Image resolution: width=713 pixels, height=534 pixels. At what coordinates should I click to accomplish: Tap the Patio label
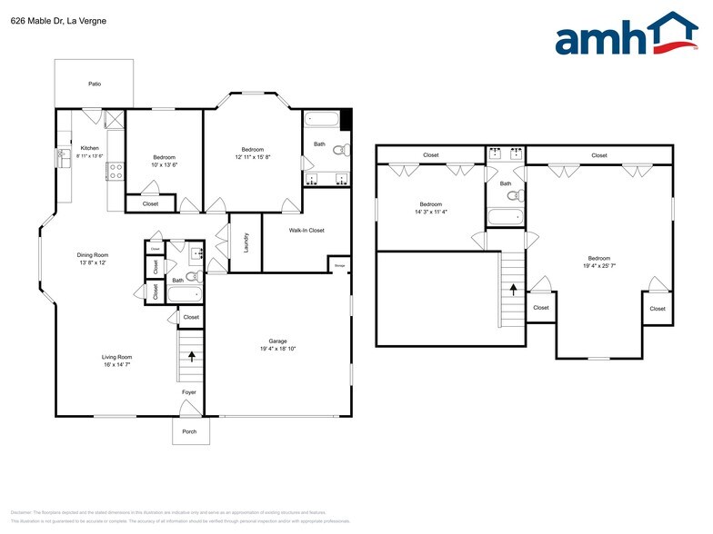point(95,84)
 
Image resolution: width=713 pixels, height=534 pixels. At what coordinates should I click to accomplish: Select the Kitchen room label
point(89,148)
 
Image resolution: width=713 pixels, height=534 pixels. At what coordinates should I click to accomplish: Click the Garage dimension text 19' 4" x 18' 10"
point(276,349)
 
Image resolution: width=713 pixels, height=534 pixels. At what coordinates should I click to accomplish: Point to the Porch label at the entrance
point(189,431)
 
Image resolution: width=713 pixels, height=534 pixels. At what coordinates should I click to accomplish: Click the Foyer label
point(188,392)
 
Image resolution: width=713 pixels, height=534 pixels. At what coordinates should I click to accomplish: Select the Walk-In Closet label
point(306,230)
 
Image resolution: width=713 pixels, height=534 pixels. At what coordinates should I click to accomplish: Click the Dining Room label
point(93,255)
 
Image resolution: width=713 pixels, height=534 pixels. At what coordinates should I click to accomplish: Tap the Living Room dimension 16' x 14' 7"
point(116,364)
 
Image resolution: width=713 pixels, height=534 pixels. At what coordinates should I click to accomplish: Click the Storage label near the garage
point(339,266)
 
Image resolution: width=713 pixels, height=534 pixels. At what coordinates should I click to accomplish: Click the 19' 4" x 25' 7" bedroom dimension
point(599,265)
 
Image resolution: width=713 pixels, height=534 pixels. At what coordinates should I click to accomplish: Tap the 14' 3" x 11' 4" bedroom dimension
point(431,212)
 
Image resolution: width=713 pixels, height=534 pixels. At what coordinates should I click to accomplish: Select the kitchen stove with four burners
point(116,168)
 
